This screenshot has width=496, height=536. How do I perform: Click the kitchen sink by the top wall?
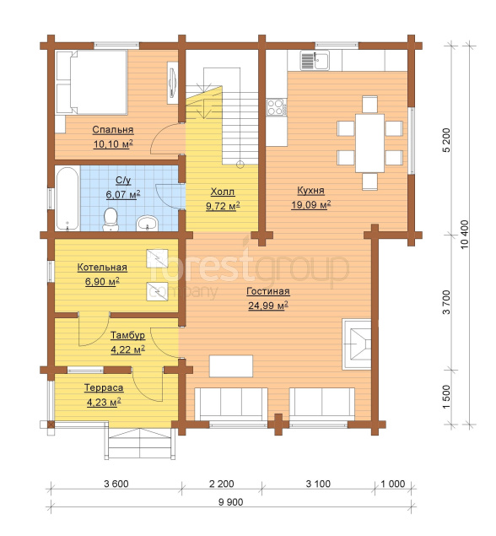315,60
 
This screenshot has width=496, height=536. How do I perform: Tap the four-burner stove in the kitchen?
277,106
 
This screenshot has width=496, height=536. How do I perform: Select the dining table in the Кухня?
369,143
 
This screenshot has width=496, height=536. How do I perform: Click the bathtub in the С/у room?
67,198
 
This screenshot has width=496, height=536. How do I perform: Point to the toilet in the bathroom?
111,219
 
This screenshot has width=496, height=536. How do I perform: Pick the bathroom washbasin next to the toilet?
148,223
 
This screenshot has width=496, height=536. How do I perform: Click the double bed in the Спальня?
92,82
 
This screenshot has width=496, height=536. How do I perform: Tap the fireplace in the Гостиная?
357,344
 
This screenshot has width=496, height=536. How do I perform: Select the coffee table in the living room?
231,366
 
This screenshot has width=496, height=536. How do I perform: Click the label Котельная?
102,268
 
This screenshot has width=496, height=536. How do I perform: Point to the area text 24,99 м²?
267,306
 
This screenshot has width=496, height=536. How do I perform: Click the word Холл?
223,192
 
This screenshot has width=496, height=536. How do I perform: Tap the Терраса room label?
104,388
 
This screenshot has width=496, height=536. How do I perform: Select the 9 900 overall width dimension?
231,502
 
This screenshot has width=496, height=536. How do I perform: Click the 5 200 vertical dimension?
446,140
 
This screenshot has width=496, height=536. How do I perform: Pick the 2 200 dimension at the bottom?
222,484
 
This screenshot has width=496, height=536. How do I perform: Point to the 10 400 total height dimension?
466,234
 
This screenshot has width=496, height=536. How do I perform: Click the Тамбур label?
127,335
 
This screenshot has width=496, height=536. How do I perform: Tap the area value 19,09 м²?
311,205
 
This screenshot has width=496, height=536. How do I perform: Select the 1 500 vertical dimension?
446,398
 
